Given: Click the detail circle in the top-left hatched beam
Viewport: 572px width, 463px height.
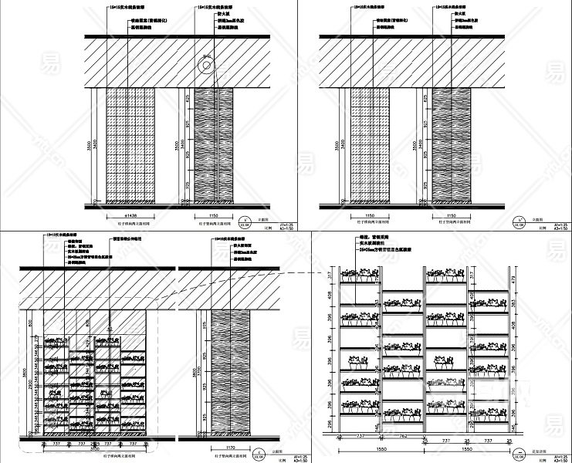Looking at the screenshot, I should point(206,66).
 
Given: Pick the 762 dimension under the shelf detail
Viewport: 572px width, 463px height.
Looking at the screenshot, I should point(402,435).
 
